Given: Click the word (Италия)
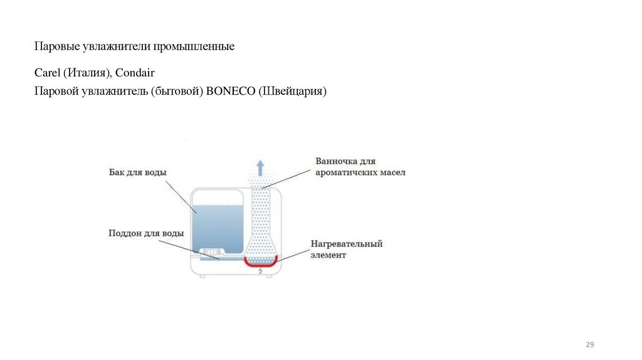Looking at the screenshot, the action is point(88,74).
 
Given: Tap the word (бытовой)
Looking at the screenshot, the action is point(177,92).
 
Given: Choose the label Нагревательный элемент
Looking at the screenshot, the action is point(347,249).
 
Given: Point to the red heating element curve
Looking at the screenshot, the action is point(261,263).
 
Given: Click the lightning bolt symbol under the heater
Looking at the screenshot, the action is point(261,272).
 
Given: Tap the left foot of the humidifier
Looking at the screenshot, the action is point(203,275).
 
